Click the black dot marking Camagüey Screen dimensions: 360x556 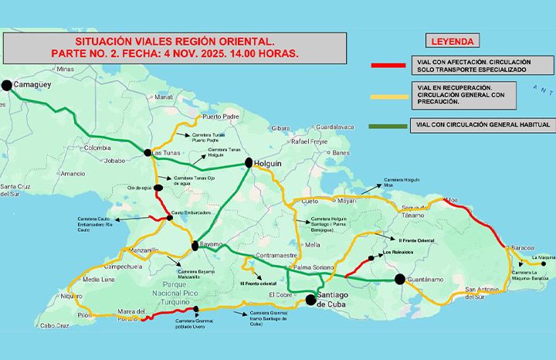click(7, 86)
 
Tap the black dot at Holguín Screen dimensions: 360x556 click(249, 163)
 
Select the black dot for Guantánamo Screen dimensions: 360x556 click(399, 279)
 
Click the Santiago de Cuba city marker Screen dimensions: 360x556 click(310, 299)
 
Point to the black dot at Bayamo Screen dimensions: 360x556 click(195, 246)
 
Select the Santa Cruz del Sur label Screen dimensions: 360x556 click(16, 191)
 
